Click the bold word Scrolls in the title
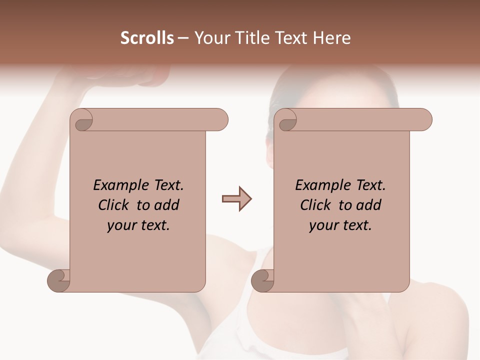[147, 38]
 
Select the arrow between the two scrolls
[236, 199]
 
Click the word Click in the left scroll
[115, 205]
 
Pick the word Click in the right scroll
[317, 205]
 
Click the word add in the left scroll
[167, 205]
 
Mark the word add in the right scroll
[369, 205]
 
